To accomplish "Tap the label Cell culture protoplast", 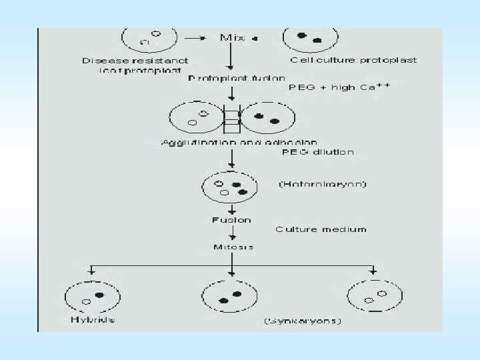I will (353, 60).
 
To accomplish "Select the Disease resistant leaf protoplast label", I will (135, 65).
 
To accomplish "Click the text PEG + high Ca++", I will (339, 87).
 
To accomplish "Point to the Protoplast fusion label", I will (227, 78).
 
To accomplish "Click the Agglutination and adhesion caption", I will (239, 142).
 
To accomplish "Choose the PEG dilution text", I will (318, 152).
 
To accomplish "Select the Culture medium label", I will (321, 229).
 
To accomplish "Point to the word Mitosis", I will (231, 247).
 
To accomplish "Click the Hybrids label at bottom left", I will (92, 319).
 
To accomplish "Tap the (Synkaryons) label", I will (303, 321).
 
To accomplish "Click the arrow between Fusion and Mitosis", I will (231, 233).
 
